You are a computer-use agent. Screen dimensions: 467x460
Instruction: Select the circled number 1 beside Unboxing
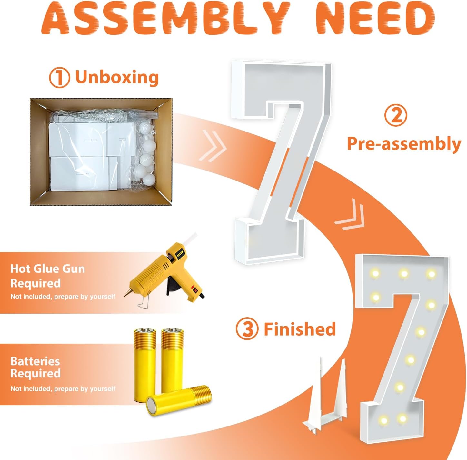tap(59, 78)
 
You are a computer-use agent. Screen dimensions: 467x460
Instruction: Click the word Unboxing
tap(117, 77)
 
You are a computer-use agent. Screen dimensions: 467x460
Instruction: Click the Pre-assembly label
tap(404, 144)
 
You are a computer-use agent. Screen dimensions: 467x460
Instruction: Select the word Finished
tap(300, 329)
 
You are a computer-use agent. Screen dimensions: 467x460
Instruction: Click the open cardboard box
tap(101, 152)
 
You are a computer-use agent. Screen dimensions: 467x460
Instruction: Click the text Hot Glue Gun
tap(47, 269)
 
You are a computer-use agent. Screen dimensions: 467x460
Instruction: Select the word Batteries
tap(35, 361)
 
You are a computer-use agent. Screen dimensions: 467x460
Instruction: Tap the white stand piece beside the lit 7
tap(325, 397)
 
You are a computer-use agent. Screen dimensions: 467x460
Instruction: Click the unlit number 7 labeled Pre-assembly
tap(281, 162)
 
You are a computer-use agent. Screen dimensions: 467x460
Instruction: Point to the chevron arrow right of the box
tap(213, 146)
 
